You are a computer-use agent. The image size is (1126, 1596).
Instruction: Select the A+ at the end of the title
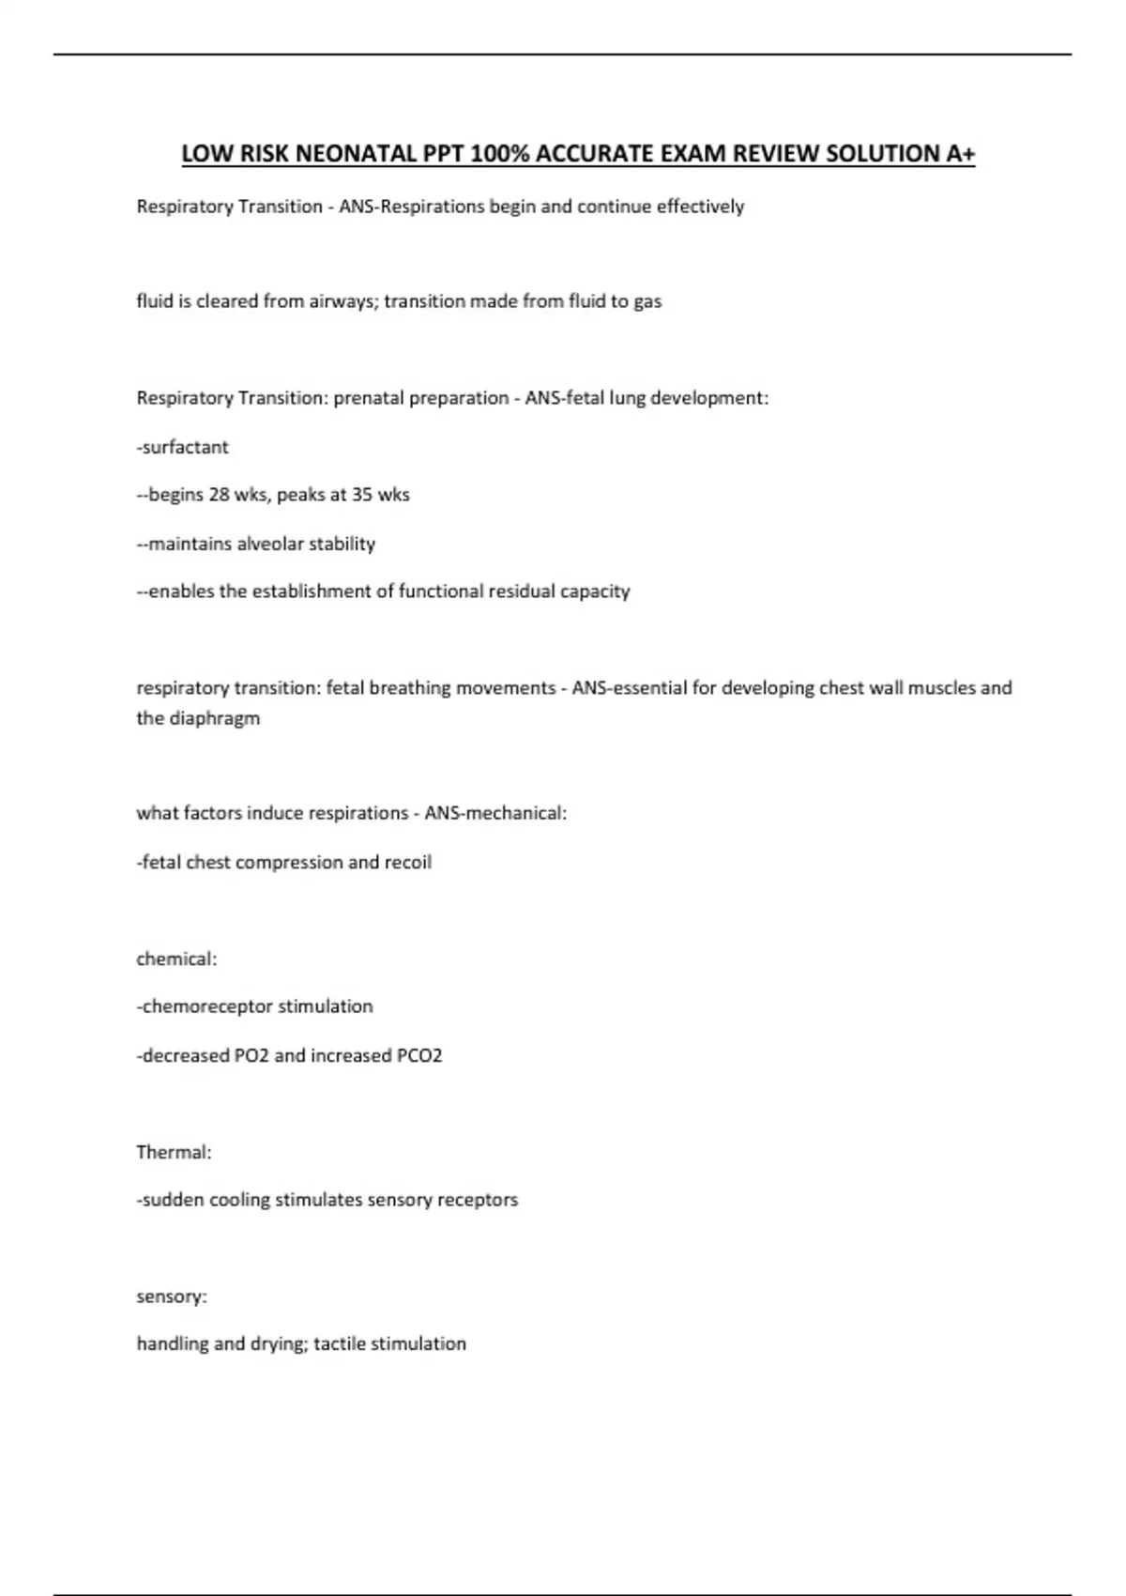pos(961,153)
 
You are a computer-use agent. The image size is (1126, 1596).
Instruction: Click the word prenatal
pos(370,398)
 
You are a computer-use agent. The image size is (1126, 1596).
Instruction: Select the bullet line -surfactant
pos(183,447)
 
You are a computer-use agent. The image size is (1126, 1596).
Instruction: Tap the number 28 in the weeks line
pos(220,495)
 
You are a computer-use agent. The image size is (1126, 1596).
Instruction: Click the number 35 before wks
pos(362,495)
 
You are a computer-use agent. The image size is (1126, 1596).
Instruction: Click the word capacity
pos(595,591)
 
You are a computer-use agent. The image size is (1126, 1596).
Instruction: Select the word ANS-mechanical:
pos(495,813)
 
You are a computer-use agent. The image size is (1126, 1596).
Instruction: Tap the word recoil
pos(408,862)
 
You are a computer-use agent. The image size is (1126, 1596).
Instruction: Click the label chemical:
pos(176,959)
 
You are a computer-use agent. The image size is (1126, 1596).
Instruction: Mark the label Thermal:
pos(174,1152)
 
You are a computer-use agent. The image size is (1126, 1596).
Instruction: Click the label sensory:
pos(172,1297)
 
